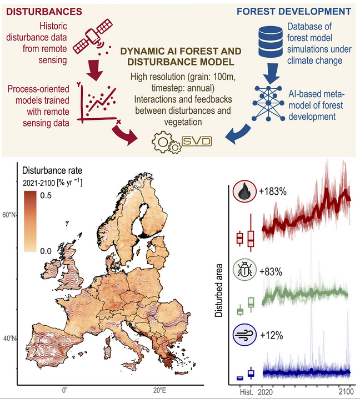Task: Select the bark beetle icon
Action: [244, 271]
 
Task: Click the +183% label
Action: [273, 192]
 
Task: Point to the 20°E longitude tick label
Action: [159, 389]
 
